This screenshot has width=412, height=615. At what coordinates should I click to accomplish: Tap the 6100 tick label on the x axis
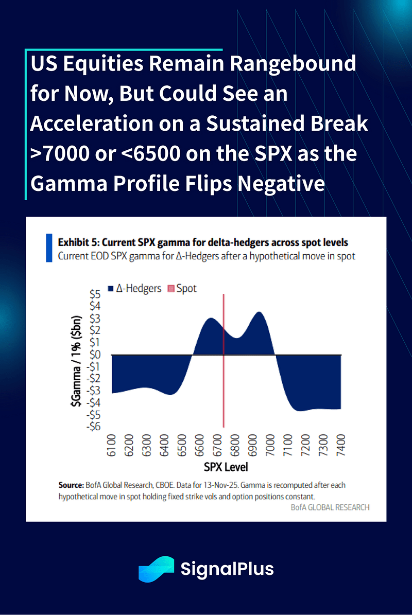point(112,445)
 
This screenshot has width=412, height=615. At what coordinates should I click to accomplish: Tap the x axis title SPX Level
point(226,467)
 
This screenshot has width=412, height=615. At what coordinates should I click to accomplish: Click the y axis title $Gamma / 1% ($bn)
point(75,360)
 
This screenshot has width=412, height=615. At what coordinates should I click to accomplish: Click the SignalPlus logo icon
point(156,569)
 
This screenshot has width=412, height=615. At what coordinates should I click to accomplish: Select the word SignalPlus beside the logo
point(227,569)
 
